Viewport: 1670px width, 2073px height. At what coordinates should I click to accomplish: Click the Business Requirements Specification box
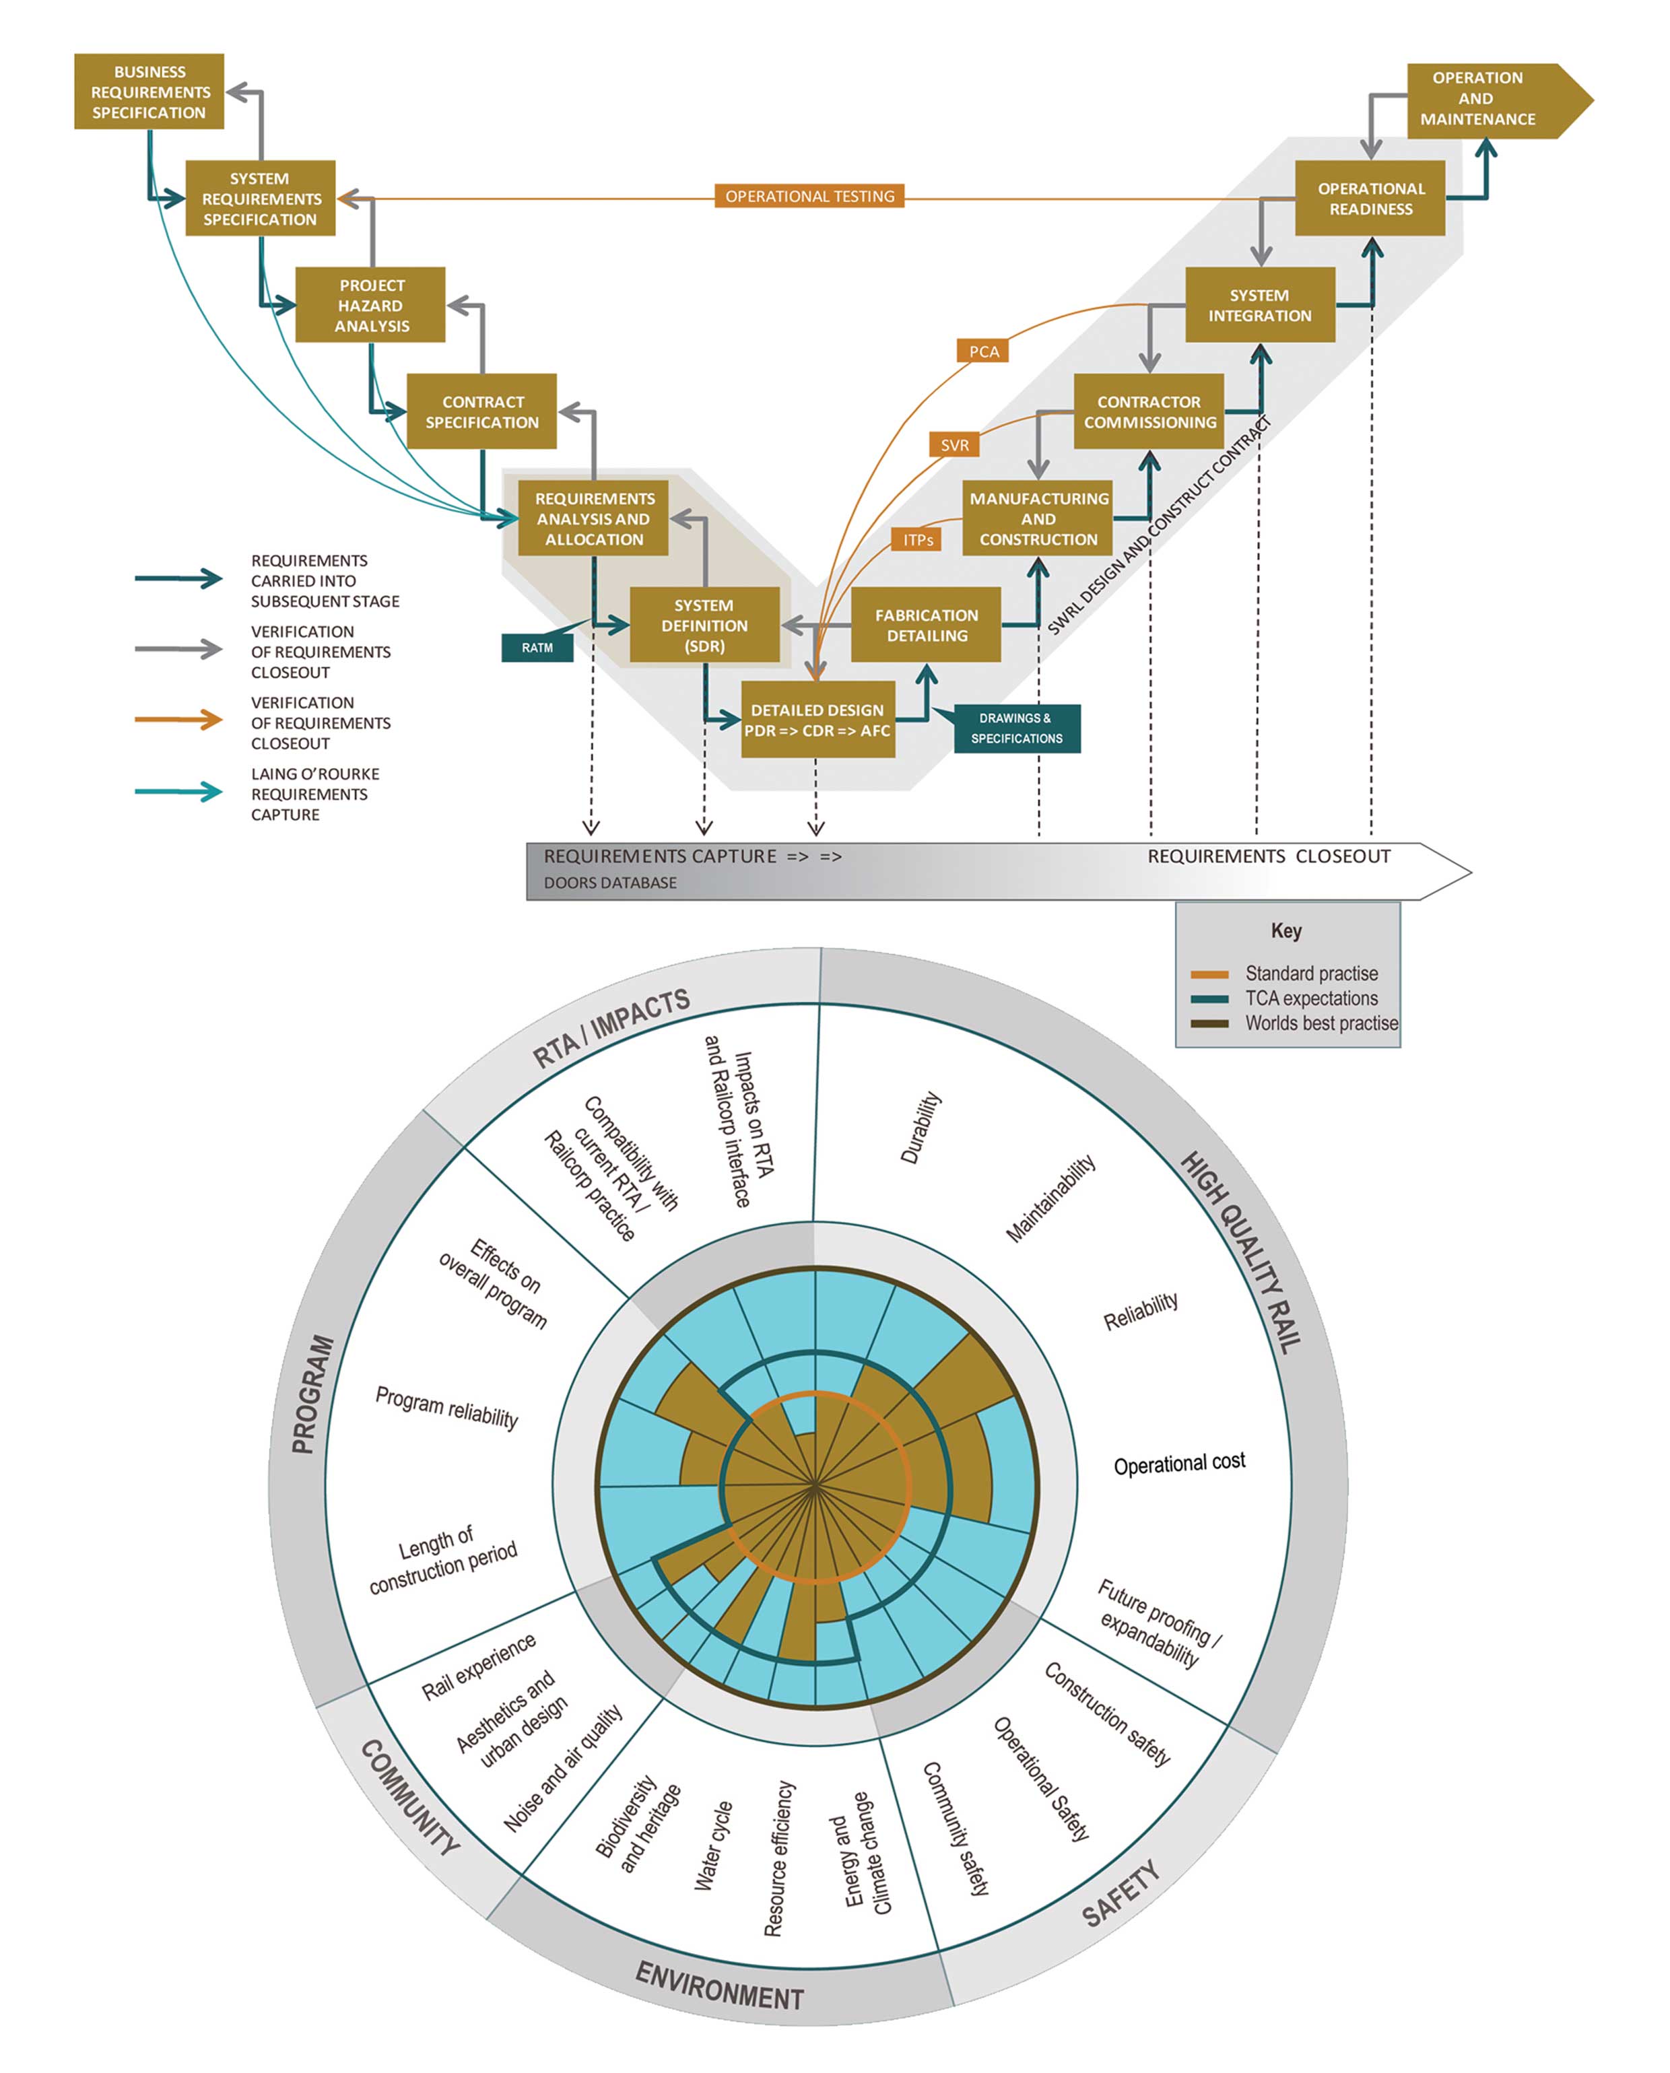149,92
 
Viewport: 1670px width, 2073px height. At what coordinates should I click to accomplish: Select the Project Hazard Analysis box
370,305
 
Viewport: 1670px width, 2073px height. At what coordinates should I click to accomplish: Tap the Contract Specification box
482,412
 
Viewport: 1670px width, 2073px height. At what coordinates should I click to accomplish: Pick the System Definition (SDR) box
704,625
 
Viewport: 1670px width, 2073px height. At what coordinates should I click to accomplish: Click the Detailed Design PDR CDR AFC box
817,720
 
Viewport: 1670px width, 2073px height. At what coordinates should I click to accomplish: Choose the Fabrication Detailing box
927,625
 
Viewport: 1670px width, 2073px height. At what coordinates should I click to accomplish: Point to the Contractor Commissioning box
1149,412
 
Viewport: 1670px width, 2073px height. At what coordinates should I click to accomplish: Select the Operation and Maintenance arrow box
1486,99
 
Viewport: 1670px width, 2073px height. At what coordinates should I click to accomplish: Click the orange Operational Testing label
809,196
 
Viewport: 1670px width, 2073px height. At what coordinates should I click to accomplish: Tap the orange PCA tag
983,351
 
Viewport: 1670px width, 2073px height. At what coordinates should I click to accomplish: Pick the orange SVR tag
954,444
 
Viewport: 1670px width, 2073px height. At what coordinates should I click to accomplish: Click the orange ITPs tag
918,540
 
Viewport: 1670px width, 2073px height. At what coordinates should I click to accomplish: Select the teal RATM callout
537,648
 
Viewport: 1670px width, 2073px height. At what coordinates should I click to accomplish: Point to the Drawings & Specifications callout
1017,728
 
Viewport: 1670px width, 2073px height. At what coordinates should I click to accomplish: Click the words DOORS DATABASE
610,883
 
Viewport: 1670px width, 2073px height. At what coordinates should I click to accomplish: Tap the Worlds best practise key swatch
1209,1023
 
